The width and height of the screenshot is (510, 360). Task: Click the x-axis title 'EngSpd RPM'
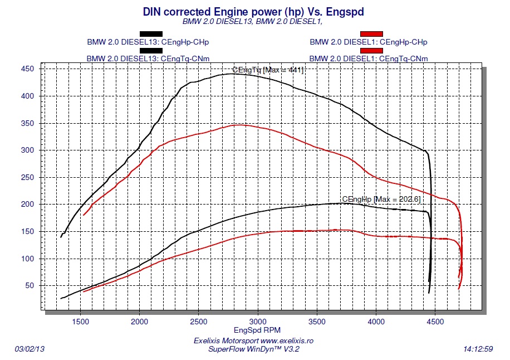[253, 330]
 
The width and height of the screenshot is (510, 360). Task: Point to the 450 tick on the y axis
[27, 69]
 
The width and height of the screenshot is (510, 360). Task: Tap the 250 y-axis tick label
[27, 177]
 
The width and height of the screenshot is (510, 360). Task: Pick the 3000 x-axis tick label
[257, 322]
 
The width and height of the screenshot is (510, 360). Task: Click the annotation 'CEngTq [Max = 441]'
[268, 70]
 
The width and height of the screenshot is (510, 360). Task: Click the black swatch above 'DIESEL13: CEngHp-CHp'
[151, 34]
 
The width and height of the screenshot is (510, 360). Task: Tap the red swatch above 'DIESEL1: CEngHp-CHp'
[371, 34]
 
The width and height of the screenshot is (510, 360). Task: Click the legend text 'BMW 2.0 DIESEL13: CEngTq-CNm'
[148, 59]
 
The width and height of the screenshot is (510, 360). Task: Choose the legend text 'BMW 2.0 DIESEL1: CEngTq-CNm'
[369, 59]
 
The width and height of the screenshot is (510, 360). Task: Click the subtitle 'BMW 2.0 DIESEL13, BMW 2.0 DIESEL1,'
[252, 22]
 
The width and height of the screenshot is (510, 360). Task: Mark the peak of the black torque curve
[231, 74]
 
